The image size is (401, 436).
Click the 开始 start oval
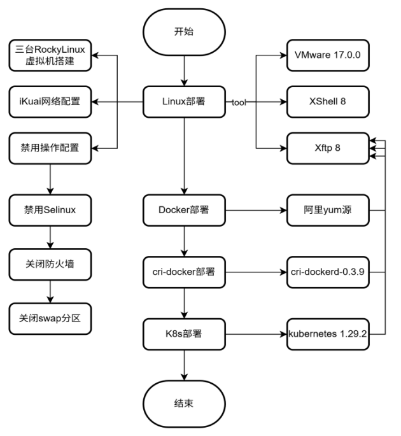click(184, 32)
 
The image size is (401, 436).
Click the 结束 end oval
click(184, 404)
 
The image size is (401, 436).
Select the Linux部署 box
click(184, 102)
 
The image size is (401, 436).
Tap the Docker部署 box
click(184, 210)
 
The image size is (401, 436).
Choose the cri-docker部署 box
click(184, 272)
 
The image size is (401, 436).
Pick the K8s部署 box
click(184, 334)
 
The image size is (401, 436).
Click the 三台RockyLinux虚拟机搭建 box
click(50, 55)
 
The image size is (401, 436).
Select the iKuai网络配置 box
click(50, 102)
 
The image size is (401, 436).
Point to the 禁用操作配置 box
click(50, 148)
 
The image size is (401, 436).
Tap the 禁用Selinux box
click(50, 210)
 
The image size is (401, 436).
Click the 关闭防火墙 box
click(50, 264)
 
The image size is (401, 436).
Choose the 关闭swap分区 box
click(50, 319)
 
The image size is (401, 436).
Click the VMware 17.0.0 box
click(328, 55)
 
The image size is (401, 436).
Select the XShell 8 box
click(328, 102)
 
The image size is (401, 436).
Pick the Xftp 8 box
click(328, 148)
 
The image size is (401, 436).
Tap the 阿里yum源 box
click(328, 210)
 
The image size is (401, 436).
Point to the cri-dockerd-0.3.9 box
click(328, 272)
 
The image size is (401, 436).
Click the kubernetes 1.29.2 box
click(328, 334)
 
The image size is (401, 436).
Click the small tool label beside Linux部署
click(239, 102)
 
